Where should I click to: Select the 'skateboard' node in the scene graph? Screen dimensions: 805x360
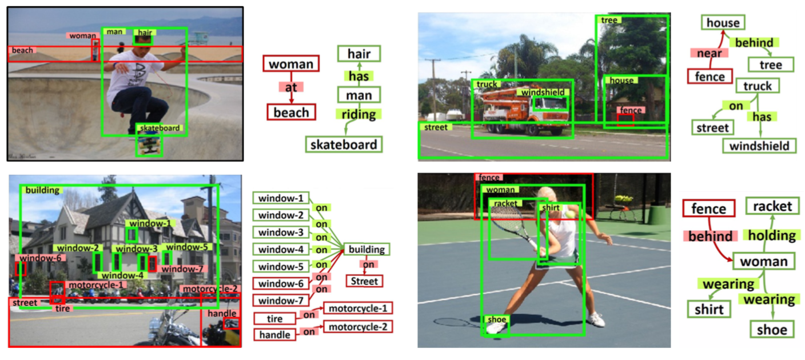[343, 145]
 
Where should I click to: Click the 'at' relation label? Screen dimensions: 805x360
[290, 87]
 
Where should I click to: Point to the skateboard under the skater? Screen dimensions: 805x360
[149, 145]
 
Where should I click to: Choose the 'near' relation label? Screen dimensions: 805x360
[709, 53]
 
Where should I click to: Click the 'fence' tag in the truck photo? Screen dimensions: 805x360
[631, 110]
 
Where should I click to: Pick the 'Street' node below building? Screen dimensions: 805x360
[364, 281]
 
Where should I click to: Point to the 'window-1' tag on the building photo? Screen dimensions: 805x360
[150, 223]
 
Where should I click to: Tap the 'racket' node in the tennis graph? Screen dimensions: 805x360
[772, 206]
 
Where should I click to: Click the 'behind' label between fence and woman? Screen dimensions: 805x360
[710, 236]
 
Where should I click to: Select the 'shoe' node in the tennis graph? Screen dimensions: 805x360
[772, 329]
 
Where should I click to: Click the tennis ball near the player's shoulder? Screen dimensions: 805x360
[572, 214]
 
